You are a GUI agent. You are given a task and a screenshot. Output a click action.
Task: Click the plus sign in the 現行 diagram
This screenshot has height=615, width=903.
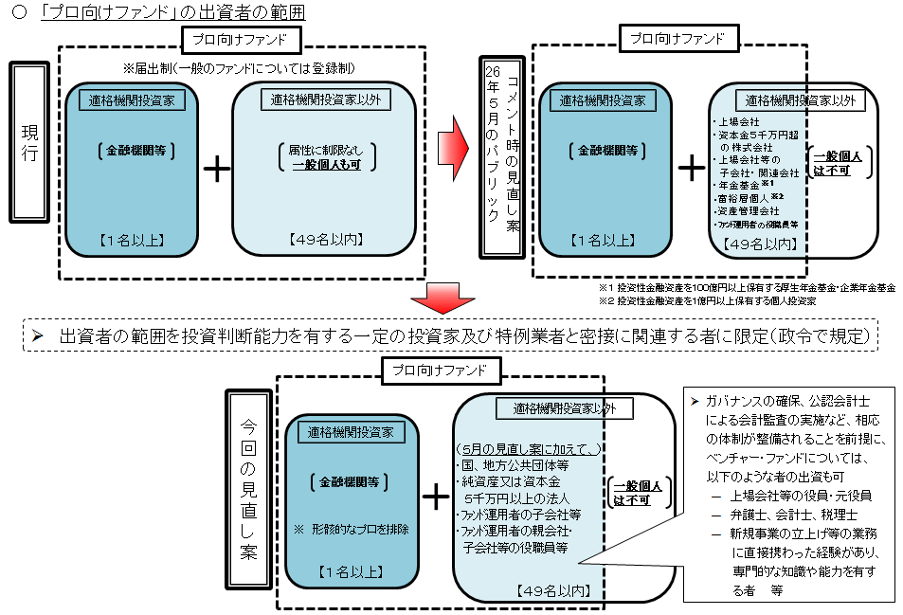click(218, 169)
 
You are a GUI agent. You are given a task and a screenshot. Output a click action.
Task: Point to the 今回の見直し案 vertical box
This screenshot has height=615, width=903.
click(248, 493)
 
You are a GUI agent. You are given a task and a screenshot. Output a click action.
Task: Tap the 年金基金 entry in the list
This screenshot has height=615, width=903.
click(739, 186)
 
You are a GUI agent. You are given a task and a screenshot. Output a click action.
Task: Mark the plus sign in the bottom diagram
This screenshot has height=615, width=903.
click(437, 496)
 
